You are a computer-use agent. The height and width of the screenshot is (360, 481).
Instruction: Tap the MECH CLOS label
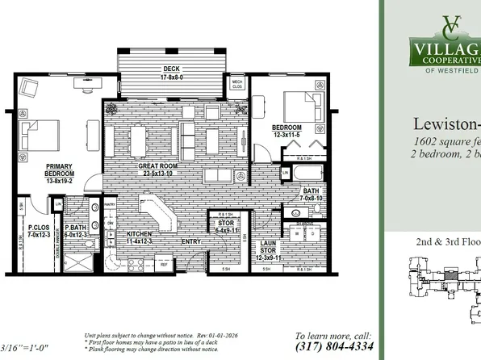pos(237,83)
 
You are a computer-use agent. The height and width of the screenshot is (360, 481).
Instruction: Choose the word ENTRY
pos(192,241)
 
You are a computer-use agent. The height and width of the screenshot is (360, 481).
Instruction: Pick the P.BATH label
pos(76,232)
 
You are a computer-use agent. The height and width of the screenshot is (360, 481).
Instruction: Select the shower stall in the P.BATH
pos(76,262)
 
